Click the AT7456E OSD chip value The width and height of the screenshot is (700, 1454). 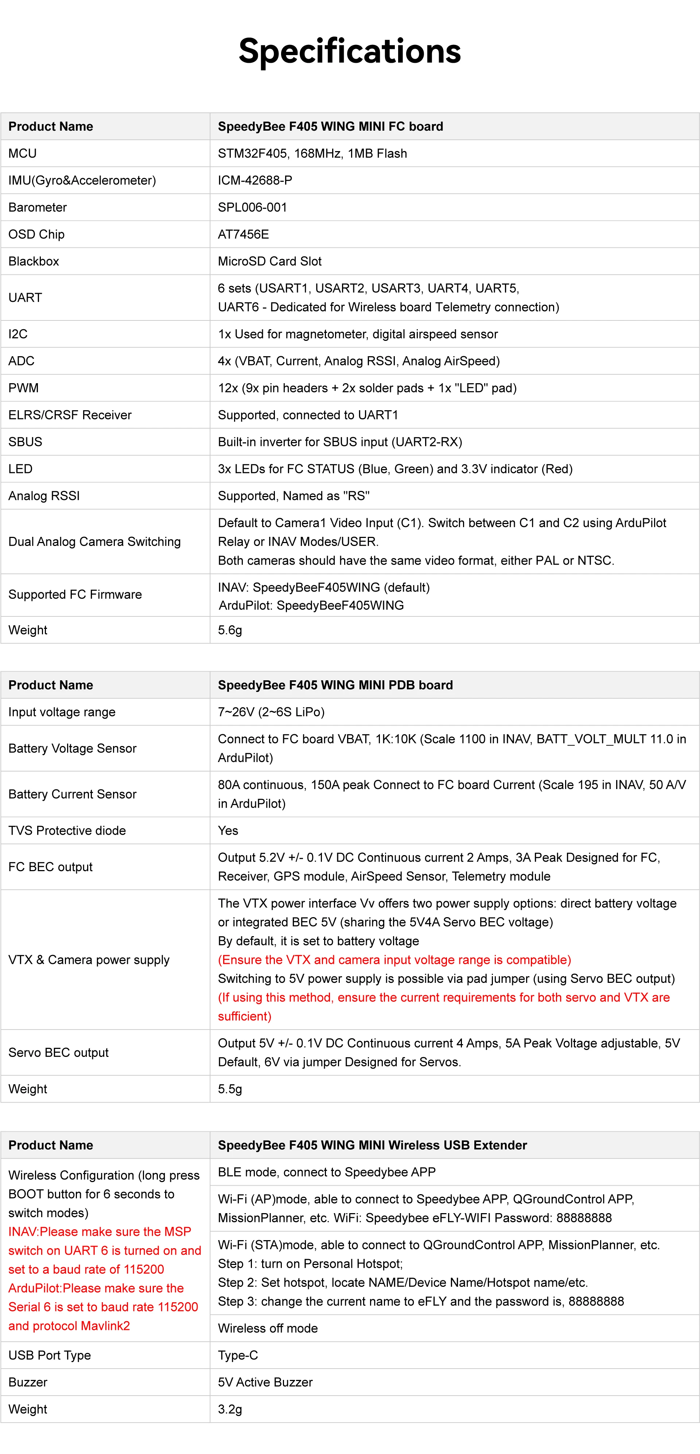pyautogui.click(x=243, y=234)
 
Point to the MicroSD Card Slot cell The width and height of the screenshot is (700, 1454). pyautogui.click(x=270, y=261)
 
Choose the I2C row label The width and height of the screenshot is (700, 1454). pyautogui.click(x=18, y=334)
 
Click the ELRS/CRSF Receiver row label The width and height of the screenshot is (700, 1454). pyautogui.click(x=70, y=415)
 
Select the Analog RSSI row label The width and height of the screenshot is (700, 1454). pyautogui.click(x=44, y=496)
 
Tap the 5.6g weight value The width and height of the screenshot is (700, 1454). pyautogui.click(x=230, y=630)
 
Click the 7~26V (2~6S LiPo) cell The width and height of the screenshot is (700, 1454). pyautogui.click(x=271, y=712)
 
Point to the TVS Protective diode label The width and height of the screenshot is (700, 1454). pyautogui.click(x=67, y=830)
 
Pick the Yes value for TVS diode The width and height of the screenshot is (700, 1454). pyautogui.click(x=228, y=830)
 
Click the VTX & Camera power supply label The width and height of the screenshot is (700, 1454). pyautogui.click(x=89, y=959)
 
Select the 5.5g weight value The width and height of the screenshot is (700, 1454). pyautogui.click(x=230, y=1089)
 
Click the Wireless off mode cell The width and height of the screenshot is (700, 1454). pyautogui.click(x=268, y=1328)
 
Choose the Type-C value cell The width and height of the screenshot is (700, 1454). pyautogui.click(x=238, y=1355)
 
